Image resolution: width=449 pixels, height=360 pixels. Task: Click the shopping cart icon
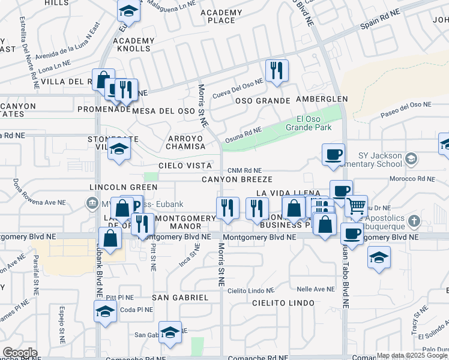click(357, 206)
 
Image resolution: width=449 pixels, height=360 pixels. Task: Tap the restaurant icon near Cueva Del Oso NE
click(277, 70)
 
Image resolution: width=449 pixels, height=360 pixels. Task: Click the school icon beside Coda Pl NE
click(105, 311)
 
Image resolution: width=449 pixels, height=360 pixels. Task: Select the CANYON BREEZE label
click(237, 179)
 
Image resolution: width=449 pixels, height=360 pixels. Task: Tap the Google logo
click(20, 353)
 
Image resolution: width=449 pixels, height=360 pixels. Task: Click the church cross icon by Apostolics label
click(414, 222)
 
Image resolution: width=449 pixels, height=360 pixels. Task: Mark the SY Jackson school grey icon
click(411, 159)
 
